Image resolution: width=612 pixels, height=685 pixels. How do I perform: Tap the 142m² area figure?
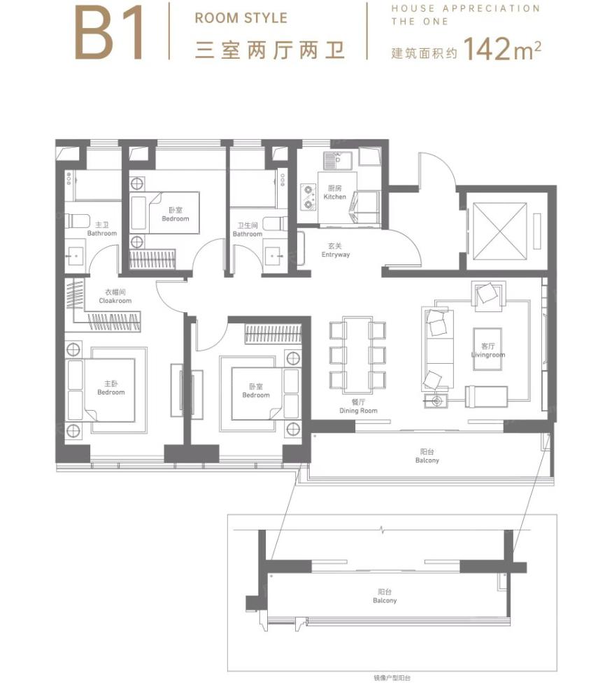tap(502, 49)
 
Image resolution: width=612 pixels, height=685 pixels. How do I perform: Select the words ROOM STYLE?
tap(241, 18)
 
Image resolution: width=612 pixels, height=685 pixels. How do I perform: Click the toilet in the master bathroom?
tap(77, 220)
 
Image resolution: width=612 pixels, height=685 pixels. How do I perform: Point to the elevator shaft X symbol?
tap(499, 231)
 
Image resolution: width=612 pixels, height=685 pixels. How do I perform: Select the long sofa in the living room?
tap(438, 349)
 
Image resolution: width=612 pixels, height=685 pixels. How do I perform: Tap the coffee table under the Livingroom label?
tap(488, 349)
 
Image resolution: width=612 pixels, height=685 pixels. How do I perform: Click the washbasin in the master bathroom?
tap(75, 256)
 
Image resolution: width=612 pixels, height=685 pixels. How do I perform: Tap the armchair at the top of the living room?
tap(488, 295)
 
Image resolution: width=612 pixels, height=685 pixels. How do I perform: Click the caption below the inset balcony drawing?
tap(392, 678)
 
